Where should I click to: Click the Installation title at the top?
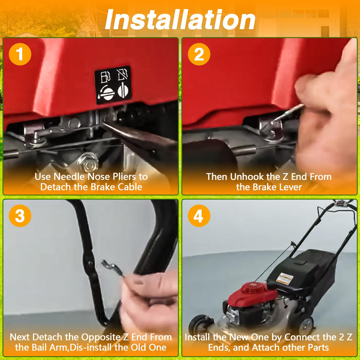point(180,19)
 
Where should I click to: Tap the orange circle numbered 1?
point(20,54)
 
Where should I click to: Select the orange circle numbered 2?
point(199,54)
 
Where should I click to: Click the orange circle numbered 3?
point(20,216)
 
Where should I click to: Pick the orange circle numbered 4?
point(199,216)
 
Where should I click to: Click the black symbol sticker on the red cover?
point(113,85)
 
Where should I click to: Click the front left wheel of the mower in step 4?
point(199,325)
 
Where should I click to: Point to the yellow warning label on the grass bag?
point(285,278)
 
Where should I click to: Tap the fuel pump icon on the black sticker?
point(105,77)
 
